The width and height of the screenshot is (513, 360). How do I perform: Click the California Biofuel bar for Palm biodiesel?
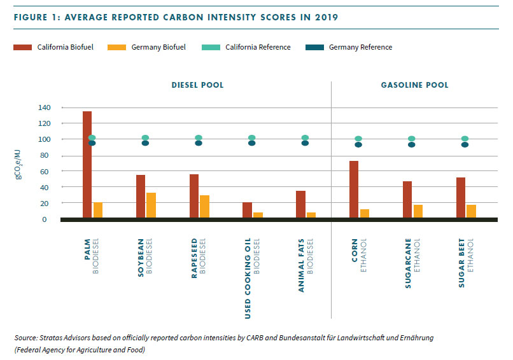coord(87,165)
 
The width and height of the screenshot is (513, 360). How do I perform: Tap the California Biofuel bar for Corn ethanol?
coord(354,190)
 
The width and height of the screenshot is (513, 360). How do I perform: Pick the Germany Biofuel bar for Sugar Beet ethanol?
coord(471,211)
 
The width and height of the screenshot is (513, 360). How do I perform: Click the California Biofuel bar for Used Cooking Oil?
coord(247,210)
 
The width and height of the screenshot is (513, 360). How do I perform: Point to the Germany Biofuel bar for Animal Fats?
coord(311,215)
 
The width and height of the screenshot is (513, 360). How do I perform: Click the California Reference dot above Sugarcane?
coord(411,139)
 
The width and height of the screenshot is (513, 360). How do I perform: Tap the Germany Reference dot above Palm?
coord(92,143)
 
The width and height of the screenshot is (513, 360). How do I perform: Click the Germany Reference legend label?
coord(360,47)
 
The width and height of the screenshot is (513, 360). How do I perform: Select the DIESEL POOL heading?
coord(197,85)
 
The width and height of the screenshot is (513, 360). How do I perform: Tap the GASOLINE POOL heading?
coord(414,85)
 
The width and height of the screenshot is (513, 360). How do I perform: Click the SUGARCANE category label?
coord(408,265)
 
